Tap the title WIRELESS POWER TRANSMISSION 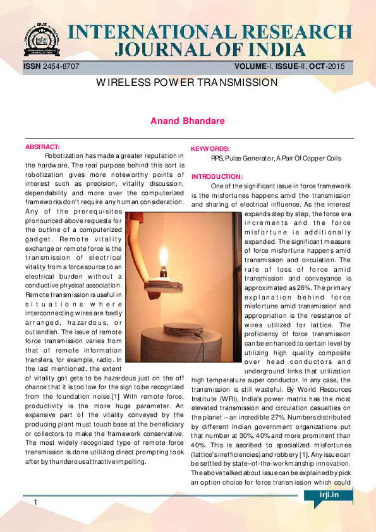187,83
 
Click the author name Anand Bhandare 188,120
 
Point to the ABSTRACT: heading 42,147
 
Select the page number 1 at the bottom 36,502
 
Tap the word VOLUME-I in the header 252,66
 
